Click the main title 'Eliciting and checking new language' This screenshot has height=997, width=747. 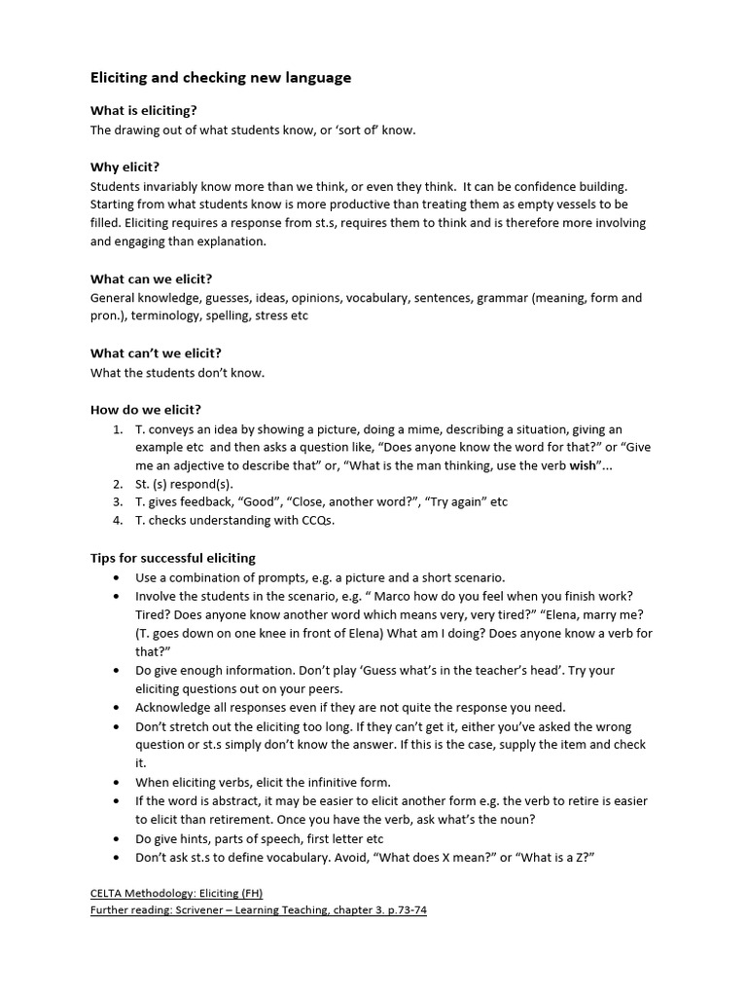(221, 77)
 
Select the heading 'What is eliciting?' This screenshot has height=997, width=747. (150, 111)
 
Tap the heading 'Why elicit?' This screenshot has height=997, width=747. (124, 166)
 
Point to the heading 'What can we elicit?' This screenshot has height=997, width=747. (151, 279)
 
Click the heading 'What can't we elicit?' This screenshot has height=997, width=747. (156, 353)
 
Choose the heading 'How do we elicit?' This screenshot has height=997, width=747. (146, 410)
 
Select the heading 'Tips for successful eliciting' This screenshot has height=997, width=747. (173, 558)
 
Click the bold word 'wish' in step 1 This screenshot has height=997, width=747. (582, 465)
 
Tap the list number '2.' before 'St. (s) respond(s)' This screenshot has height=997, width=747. (118, 484)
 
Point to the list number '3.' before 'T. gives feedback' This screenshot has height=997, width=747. (118, 502)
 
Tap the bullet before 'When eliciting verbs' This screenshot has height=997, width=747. (118, 782)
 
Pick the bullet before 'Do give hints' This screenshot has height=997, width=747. (118, 838)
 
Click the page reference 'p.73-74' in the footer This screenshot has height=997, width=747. (403, 910)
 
